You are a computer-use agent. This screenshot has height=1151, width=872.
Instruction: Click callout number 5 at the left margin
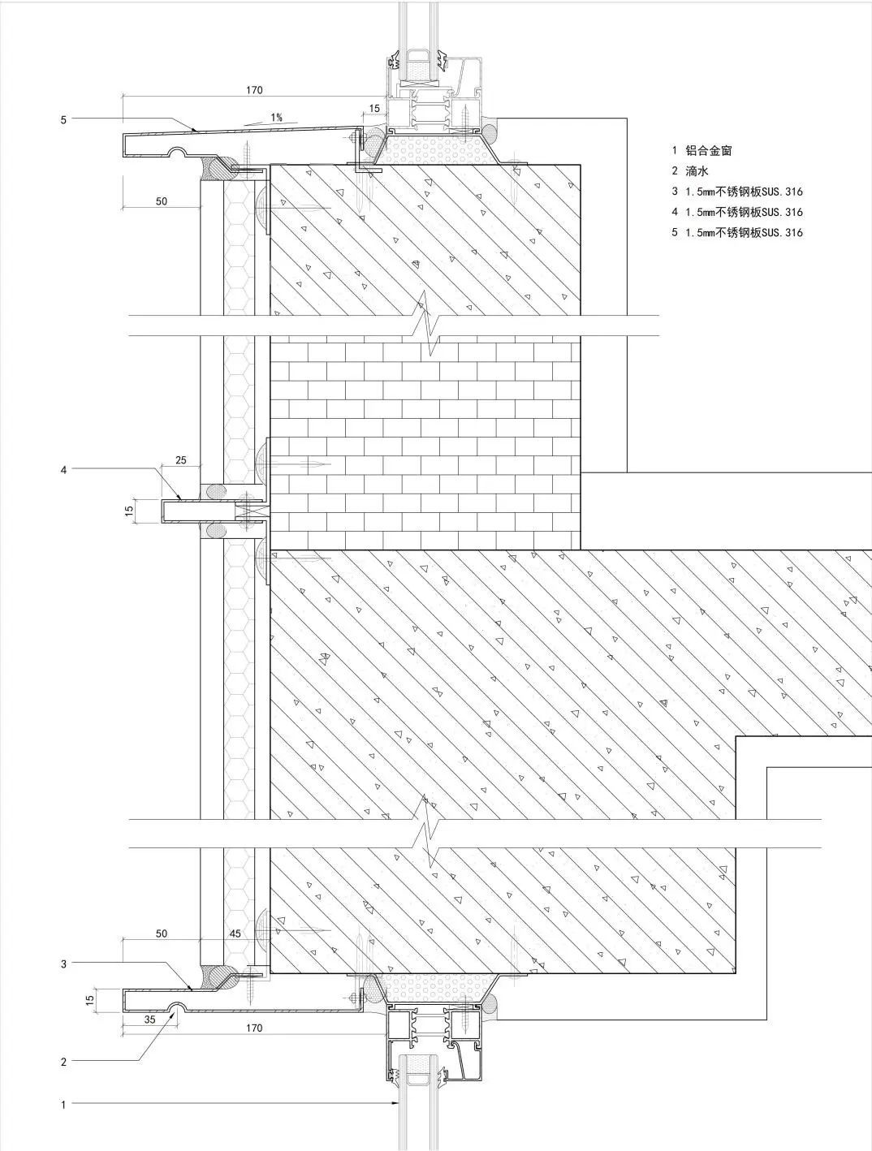[x=63, y=119]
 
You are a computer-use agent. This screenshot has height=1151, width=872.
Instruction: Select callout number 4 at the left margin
[x=63, y=470]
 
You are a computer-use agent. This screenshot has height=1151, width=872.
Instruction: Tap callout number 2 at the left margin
[x=63, y=1062]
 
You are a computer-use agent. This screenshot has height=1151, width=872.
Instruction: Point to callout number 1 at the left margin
[x=63, y=1105]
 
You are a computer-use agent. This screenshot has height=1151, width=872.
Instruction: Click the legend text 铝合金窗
[x=709, y=151]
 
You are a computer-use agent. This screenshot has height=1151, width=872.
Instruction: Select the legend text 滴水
[x=697, y=171]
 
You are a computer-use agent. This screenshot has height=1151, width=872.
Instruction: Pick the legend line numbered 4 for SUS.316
[x=737, y=212]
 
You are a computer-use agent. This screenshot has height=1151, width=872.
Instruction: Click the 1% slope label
[x=276, y=117]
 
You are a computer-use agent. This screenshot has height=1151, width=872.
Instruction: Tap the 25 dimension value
[x=180, y=460]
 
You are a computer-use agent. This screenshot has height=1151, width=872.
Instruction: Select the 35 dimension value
[x=149, y=1020]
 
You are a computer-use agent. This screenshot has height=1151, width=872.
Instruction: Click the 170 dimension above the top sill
[x=254, y=90]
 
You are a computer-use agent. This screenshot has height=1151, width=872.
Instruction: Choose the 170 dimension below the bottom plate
[x=254, y=1028]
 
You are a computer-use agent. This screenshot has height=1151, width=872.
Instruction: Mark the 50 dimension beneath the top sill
[x=162, y=201]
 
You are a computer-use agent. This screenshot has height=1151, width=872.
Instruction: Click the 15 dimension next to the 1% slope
[x=374, y=109]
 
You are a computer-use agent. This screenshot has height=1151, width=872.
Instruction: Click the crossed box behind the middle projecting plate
[x=245, y=511]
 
